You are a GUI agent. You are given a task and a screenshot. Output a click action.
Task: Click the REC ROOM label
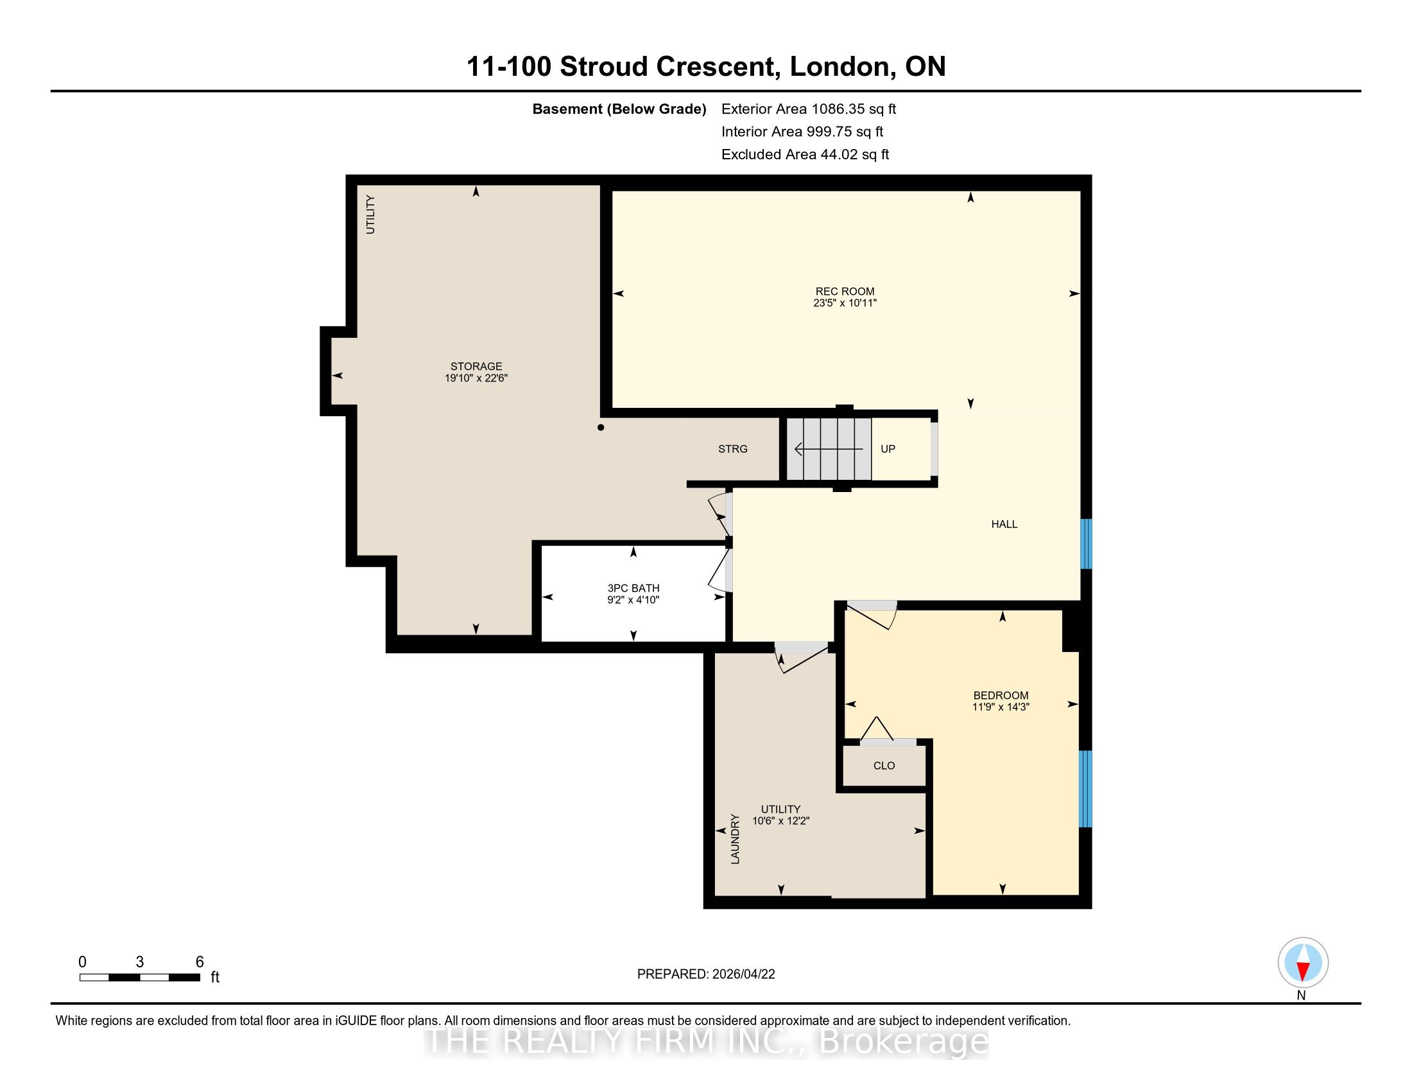coord(845,291)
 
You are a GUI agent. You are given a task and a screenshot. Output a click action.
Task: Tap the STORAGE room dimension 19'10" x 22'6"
coord(476,378)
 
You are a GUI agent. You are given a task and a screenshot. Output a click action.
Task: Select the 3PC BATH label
coord(633,588)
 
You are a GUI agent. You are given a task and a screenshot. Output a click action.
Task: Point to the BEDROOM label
coord(1000,696)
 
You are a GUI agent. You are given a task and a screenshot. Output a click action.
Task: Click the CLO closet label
coord(884,766)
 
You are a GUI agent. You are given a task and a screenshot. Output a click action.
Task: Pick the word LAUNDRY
coord(735,839)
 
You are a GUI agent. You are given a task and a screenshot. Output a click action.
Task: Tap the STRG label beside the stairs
coord(732,449)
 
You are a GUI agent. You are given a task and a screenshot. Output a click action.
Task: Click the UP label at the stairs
coord(888,449)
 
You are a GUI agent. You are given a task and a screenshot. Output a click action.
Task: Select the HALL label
coord(1004,524)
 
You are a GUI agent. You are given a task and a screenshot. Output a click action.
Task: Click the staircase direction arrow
coord(829,448)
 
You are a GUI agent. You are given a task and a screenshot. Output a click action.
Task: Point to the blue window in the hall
coord(1086,543)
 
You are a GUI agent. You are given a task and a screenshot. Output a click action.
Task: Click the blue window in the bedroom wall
coord(1086,789)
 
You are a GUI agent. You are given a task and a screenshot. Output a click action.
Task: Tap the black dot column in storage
coord(601,428)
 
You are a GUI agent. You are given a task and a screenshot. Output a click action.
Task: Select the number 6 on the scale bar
coord(200,962)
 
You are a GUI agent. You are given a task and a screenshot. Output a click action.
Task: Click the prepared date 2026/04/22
coord(743,974)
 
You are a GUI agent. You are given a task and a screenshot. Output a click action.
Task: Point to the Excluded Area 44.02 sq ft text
coord(805,155)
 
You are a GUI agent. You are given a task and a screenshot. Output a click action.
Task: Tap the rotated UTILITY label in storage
coord(370,214)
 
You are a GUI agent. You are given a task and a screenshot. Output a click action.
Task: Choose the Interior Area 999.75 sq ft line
coord(802,132)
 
